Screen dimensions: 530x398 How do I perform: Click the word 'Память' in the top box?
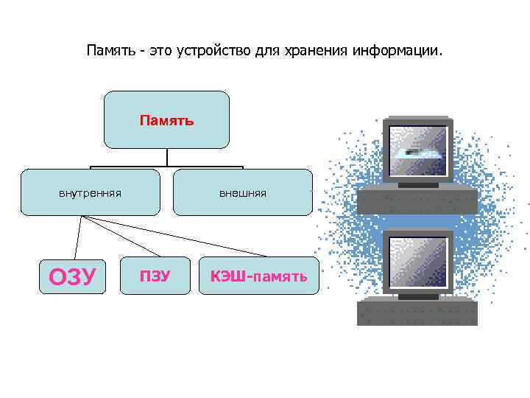click(x=167, y=119)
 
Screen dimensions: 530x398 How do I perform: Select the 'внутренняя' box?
click(x=90, y=192)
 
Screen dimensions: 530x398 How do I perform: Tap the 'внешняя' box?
click(x=242, y=192)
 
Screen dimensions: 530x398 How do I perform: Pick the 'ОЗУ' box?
click(x=72, y=276)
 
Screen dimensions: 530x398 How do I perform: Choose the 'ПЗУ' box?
click(x=155, y=276)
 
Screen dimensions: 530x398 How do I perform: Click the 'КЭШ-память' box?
click(x=259, y=276)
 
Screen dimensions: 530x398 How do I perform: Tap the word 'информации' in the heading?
click(x=397, y=52)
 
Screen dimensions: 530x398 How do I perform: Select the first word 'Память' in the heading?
click(x=110, y=52)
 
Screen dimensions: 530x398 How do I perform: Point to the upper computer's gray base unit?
click(x=417, y=199)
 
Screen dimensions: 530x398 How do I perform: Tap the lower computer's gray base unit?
click(x=417, y=312)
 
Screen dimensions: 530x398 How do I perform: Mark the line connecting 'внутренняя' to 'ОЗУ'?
click(x=77, y=236)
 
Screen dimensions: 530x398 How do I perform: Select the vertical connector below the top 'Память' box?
click(x=167, y=157)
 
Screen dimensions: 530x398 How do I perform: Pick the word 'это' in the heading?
click(x=158, y=52)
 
